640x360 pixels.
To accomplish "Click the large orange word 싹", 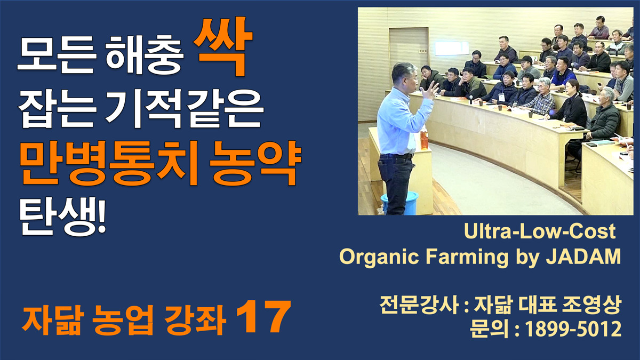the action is [x=223, y=46].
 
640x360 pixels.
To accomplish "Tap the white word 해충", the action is [x=145, y=55].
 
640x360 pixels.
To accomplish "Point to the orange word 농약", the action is [x=255, y=162].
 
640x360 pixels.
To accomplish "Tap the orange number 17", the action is [x=263, y=317].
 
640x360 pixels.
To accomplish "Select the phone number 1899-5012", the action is [x=573, y=329].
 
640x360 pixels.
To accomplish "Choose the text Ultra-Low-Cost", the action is [x=540, y=231].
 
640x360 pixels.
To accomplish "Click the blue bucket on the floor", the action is [x=400, y=202].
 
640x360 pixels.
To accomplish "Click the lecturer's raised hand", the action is [x=430, y=90].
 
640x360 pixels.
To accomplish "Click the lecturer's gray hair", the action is [x=404, y=70].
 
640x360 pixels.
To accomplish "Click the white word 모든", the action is [x=57, y=55].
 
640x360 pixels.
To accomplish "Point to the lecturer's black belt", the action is [x=397, y=156].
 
